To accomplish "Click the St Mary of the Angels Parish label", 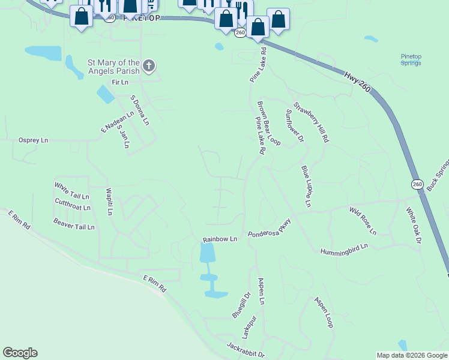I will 113,66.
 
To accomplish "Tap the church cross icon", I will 149,65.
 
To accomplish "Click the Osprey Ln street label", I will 33,140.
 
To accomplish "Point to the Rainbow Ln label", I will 220,239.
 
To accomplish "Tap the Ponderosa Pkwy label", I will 269,227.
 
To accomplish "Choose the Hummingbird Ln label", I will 343,248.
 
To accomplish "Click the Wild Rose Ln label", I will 363,220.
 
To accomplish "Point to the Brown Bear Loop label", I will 269,123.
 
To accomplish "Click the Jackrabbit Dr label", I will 246,350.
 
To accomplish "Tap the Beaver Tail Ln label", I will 74,224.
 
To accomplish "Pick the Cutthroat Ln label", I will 72,205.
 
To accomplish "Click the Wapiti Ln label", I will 109,202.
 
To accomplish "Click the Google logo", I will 20,353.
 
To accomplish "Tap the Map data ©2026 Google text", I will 412,355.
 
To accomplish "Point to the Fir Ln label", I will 120,82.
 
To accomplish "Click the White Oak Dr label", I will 414,226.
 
